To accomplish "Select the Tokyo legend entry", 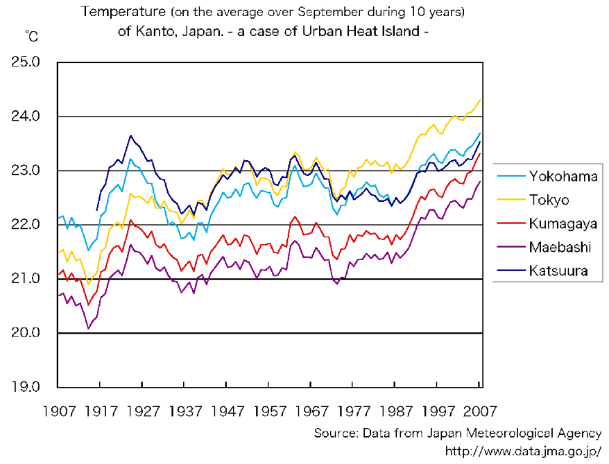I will [549, 200].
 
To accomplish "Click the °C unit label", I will [32, 35].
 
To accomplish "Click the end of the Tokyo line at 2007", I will [480, 100].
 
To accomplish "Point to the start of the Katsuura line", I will [96, 209].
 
